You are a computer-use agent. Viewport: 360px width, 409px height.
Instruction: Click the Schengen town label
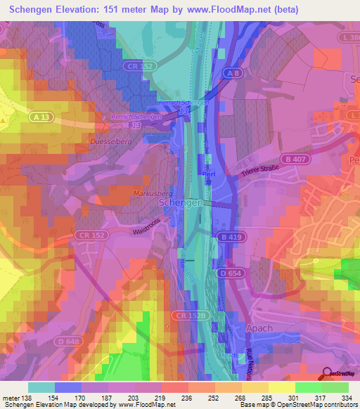(x=181, y=202)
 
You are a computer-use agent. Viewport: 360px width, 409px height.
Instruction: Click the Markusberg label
(x=151, y=192)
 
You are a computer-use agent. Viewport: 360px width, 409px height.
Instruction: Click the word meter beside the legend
(x=10, y=398)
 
